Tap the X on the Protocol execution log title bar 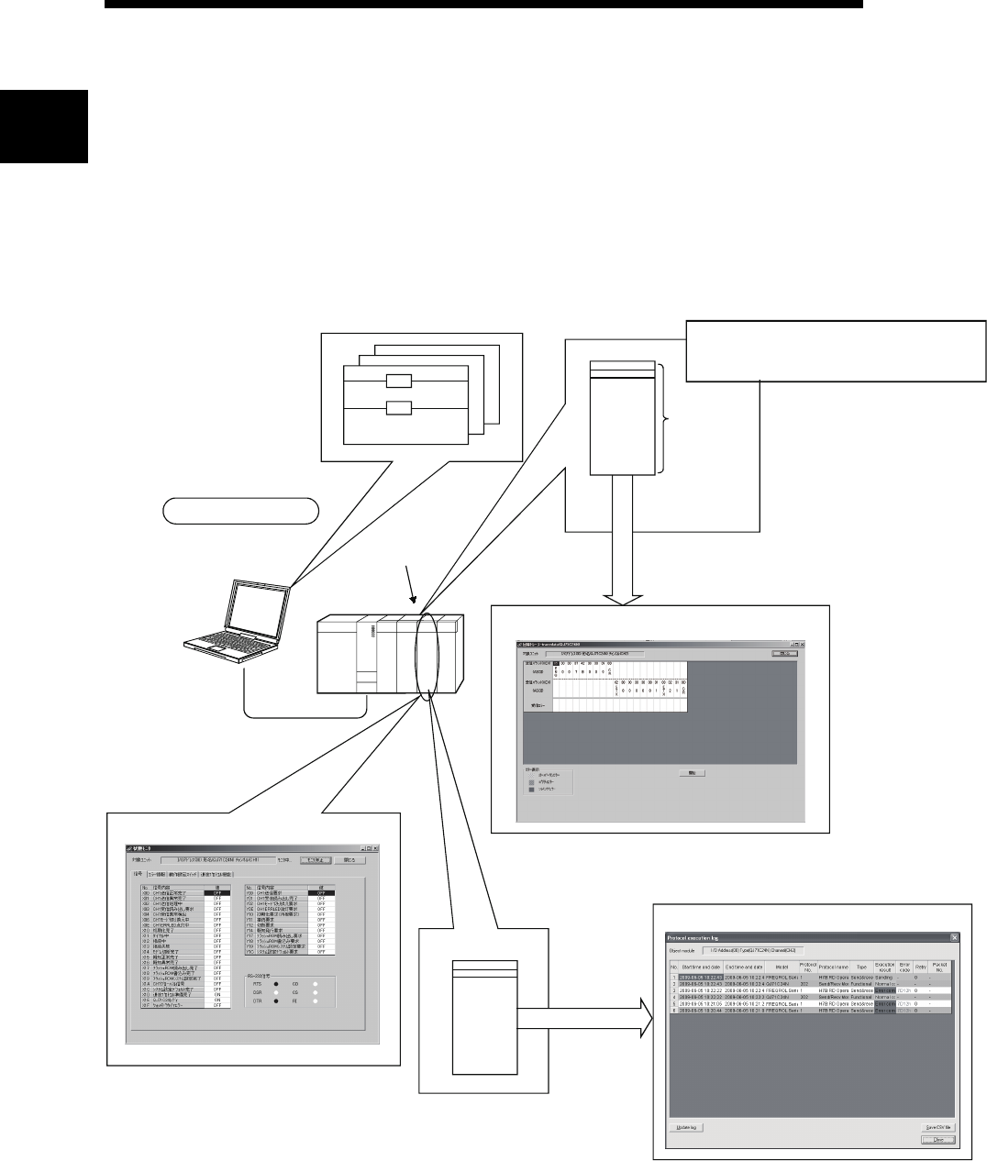[x=955, y=937]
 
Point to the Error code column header [x=904, y=967]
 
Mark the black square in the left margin [x=43, y=126]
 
